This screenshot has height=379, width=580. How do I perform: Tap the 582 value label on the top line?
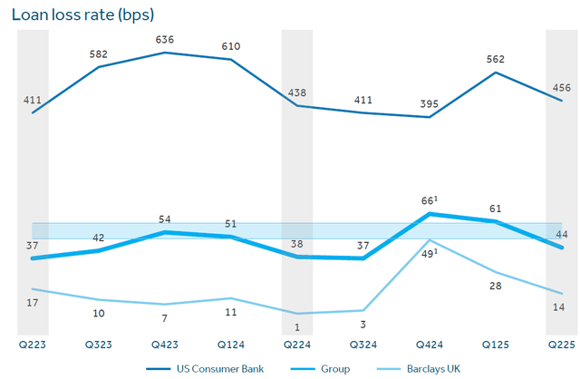[99, 54]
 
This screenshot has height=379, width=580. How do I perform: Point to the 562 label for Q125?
[495, 60]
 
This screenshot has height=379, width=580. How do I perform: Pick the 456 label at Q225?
[561, 88]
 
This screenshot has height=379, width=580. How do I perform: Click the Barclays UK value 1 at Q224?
[297, 326]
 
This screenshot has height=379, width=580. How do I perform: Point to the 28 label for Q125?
[495, 287]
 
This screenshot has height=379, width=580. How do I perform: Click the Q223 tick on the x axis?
[33, 345]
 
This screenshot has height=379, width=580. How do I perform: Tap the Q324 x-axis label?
[363, 345]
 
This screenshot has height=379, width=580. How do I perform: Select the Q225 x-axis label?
[562, 345]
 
